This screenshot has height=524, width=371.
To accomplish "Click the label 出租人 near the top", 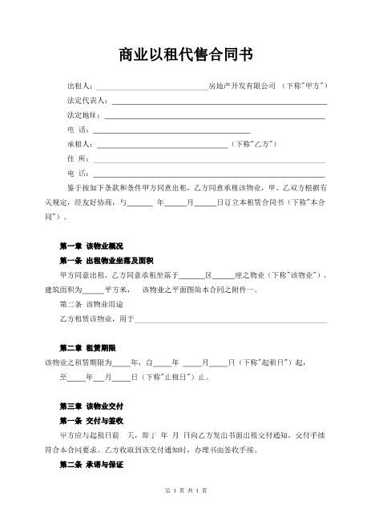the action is (80, 86).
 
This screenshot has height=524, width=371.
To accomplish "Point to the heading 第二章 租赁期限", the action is (88, 348).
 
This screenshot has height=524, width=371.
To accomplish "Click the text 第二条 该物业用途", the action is (91, 305).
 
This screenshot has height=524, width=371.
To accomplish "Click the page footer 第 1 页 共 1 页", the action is (185, 490).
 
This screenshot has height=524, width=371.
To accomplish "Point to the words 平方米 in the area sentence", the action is (117, 290).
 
